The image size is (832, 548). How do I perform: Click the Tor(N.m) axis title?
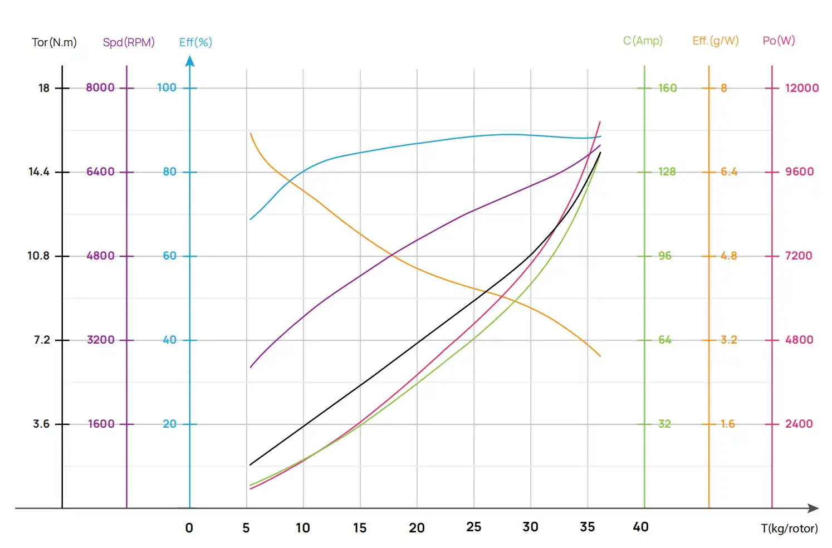54,42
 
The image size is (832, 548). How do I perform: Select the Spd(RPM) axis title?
129,42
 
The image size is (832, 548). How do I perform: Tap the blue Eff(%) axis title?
195,42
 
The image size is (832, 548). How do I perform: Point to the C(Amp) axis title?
643,41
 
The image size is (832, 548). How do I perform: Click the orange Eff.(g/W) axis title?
716,41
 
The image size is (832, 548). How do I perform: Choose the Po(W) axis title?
779,41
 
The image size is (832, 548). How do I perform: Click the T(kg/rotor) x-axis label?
789,529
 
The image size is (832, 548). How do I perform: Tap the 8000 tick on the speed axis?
100,87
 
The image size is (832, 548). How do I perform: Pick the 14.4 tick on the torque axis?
39,172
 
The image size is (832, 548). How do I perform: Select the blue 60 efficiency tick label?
169,256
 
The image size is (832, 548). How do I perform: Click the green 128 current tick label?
667,172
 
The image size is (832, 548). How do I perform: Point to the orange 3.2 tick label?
728,340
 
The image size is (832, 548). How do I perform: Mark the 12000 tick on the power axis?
801,88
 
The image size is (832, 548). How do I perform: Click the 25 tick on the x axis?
473,527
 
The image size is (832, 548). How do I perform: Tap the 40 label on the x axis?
640,527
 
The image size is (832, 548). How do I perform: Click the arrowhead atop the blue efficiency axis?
190,61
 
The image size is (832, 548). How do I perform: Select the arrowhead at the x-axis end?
814,508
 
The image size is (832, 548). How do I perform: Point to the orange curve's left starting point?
251,133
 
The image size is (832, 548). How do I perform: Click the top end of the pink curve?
600,121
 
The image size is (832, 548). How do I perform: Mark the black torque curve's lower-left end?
250,464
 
